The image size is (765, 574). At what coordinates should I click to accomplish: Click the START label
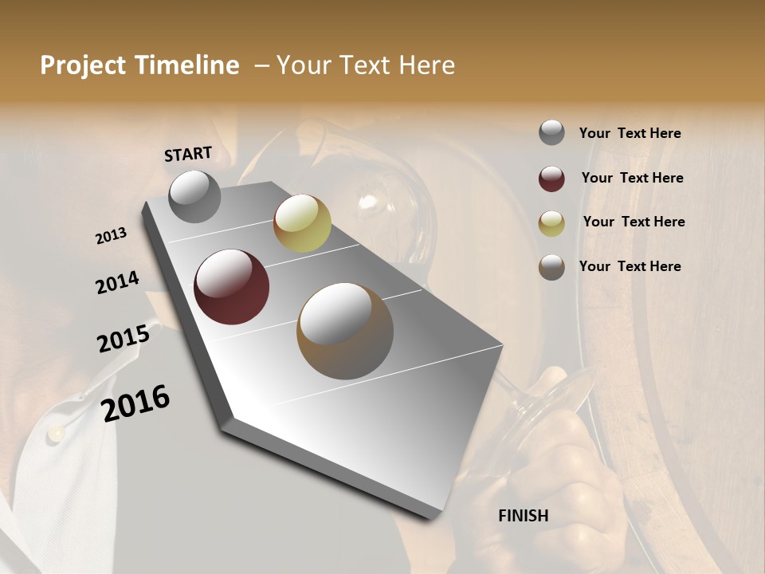point(188,154)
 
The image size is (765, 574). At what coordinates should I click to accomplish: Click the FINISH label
point(523,516)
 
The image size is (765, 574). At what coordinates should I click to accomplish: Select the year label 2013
point(112,236)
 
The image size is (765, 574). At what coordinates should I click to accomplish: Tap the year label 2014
point(117,282)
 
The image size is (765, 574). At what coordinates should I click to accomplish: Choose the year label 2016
point(135,403)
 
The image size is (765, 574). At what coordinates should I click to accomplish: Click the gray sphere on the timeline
point(195,196)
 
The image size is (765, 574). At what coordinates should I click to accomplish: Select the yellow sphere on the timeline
point(302,223)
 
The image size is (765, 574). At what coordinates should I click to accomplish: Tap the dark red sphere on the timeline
point(231,287)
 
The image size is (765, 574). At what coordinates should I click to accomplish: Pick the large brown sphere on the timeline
point(345,331)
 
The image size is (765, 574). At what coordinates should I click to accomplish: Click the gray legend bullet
point(551,133)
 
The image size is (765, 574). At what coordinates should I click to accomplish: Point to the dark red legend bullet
point(551,179)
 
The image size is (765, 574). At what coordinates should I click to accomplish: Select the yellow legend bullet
point(551,223)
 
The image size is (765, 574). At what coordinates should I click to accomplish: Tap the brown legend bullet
point(551,267)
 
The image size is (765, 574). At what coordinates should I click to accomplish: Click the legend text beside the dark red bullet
point(632,178)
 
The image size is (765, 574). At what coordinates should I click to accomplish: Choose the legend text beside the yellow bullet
point(634,222)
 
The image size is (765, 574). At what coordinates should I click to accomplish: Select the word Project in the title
point(83,65)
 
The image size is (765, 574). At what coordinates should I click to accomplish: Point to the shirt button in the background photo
point(56,433)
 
